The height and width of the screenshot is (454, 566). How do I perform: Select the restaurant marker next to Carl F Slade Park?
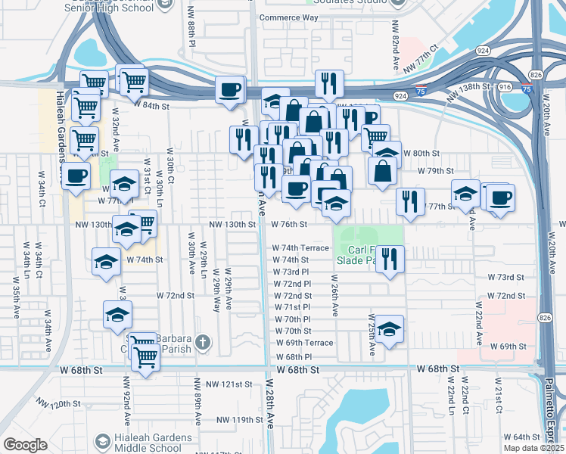[x=390, y=260]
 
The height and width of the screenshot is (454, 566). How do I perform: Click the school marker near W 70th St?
[x=389, y=330]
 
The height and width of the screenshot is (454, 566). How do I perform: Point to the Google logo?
[x=25, y=445]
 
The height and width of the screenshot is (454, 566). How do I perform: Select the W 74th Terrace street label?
[x=300, y=248]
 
